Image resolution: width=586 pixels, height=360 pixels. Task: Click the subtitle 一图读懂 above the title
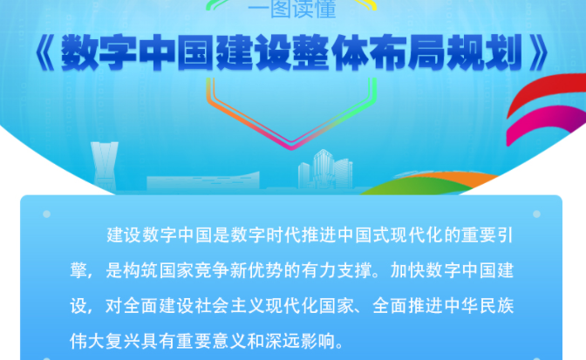pyautogui.click(x=292, y=8)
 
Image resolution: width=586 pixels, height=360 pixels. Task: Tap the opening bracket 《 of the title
pyautogui.click(x=45, y=53)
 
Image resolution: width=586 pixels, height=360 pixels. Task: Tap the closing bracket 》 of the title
pyautogui.click(x=540, y=53)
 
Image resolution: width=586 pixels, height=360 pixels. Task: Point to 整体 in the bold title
pyautogui.click(x=330, y=52)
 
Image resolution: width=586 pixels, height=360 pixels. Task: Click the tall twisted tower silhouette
pyautogui.click(x=105, y=166)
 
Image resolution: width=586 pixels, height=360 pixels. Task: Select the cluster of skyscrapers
pyautogui.click(x=325, y=170)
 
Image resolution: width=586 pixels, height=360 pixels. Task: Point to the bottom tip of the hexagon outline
pyautogui.click(x=291, y=149)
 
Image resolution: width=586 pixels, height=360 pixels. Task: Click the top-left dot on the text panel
pyautogui.click(x=47, y=214)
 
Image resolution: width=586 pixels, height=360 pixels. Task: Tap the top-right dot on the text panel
pyautogui.click(x=536, y=214)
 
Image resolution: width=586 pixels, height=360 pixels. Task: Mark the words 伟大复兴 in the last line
pyautogui.click(x=105, y=341)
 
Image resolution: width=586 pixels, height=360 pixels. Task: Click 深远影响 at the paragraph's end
pyautogui.click(x=301, y=341)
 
